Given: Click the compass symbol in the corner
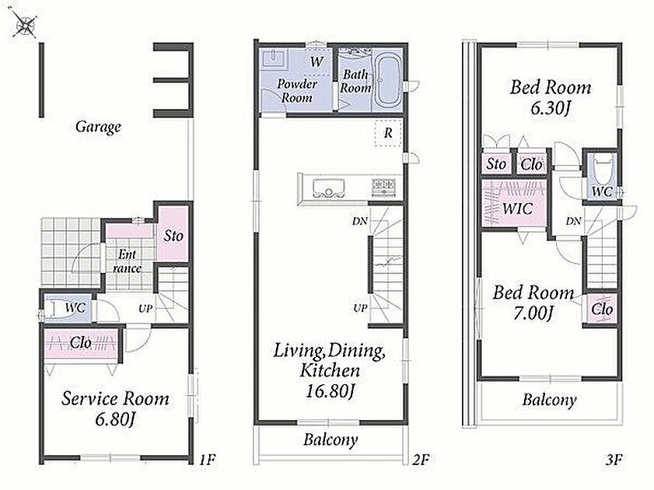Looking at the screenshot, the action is pyautogui.click(x=24, y=24).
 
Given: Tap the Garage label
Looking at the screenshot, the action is pyautogui.click(x=99, y=126).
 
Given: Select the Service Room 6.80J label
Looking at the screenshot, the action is pyautogui.click(x=115, y=408).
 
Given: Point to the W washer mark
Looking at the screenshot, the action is pyautogui.click(x=317, y=61).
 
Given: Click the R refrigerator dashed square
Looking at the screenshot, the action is pyautogui.click(x=388, y=133).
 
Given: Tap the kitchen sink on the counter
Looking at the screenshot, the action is pyautogui.click(x=329, y=188).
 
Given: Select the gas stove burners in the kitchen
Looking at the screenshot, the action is pyautogui.click(x=383, y=185).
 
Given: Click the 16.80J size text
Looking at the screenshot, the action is pyautogui.click(x=330, y=391).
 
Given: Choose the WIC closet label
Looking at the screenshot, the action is pyautogui.click(x=518, y=208).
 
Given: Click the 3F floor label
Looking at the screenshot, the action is pyautogui.click(x=613, y=460).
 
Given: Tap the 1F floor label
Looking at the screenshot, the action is pyautogui.click(x=208, y=460).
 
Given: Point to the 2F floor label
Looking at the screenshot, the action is pyautogui.click(x=421, y=460).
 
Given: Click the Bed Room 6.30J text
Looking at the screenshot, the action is pyautogui.click(x=551, y=97).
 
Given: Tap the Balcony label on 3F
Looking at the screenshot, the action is pyautogui.click(x=549, y=400).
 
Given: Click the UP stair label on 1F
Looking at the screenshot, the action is pyautogui.click(x=145, y=309).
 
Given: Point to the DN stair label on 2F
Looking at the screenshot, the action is pyautogui.click(x=359, y=221).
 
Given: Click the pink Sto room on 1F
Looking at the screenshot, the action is pyautogui.click(x=173, y=233).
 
